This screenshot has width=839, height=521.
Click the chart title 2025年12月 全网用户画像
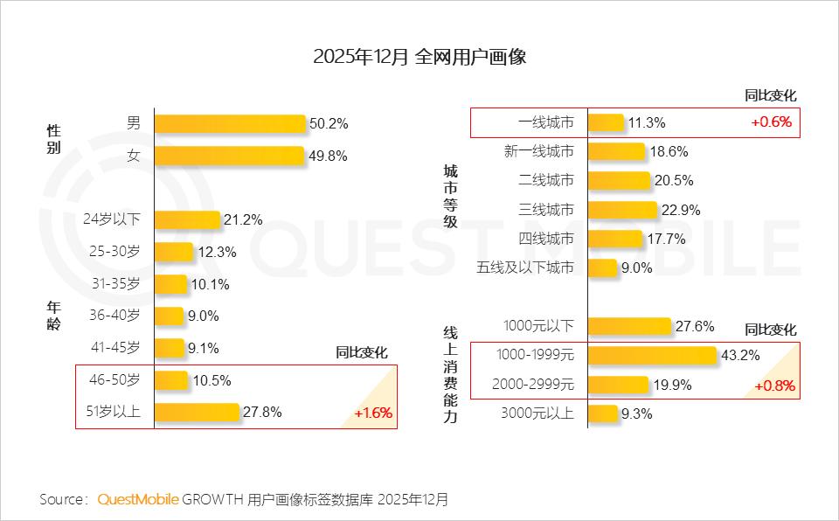[x=419, y=58]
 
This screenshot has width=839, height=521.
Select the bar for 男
[x=230, y=123]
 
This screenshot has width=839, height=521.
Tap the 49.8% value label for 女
[x=328, y=156]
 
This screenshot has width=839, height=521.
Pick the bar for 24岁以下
[x=187, y=219]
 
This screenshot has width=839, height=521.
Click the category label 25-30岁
[x=115, y=252]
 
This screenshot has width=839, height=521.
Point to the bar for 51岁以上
[x=197, y=412]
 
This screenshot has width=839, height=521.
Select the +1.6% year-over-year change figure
[x=373, y=413]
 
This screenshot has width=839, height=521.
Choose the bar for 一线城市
[x=606, y=122]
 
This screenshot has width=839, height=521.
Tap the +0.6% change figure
[x=771, y=122]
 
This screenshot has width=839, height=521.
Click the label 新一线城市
[x=539, y=151]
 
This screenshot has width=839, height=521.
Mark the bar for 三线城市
[x=622, y=210]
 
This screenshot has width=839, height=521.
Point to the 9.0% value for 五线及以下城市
[x=637, y=268]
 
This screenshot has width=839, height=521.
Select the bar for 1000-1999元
[x=652, y=355]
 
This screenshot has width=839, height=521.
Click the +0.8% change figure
[x=774, y=386]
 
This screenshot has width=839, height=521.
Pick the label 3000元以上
[x=539, y=413]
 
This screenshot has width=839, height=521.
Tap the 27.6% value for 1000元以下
[x=695, y=326]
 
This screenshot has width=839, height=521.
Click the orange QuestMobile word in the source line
[x=138, y=500]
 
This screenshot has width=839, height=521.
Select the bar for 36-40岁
[x=170, y=316]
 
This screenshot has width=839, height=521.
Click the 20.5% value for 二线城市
[x=672, y=181]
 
